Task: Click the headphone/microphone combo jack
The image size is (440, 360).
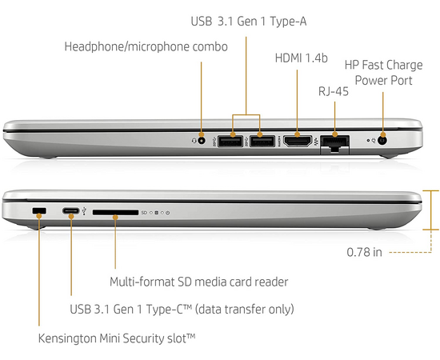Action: point(201,140)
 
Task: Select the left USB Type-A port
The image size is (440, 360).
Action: point(230,141)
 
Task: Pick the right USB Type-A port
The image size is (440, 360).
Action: point(262,141)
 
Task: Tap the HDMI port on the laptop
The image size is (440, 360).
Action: point(298,141)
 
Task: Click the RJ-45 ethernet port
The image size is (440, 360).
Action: point(334,144)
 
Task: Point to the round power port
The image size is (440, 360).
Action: point(382,140)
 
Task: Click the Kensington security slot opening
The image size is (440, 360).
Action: point(39,210)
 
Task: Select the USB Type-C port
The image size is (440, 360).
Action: point(70,210)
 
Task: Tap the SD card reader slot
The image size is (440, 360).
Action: point(115,213)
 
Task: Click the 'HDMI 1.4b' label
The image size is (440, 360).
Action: point(301,58)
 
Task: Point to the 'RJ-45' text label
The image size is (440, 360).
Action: point(334,91)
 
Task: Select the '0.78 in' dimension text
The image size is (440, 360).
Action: point(364,252)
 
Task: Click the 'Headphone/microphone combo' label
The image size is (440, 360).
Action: point(146,46)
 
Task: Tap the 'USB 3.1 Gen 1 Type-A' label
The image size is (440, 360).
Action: point(249,22)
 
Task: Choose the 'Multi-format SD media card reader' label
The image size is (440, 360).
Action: point(198,282)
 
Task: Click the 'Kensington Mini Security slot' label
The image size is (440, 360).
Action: point(117,338)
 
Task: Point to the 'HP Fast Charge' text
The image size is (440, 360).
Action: point(383,65)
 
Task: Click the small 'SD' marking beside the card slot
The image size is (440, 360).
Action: point(144,213)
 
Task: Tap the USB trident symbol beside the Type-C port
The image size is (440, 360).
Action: point(84,211)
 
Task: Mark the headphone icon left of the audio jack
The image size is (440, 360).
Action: point(194,140)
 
